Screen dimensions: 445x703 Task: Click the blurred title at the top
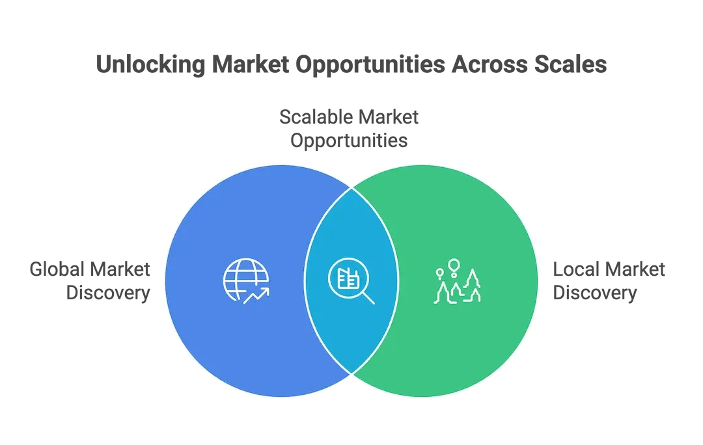coord(351,66)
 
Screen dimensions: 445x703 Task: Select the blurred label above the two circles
coord(350,129)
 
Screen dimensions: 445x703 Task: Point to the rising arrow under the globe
coord(256,297)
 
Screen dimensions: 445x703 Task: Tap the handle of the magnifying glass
coord(368,298)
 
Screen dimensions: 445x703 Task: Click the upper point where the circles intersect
coord(351,189)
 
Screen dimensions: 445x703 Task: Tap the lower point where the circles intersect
coord(351,373)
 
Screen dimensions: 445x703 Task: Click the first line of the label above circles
coord(350,118)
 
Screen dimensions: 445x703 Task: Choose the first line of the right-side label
coord(609,269)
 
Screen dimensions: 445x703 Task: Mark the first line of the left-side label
coord(91,269)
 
